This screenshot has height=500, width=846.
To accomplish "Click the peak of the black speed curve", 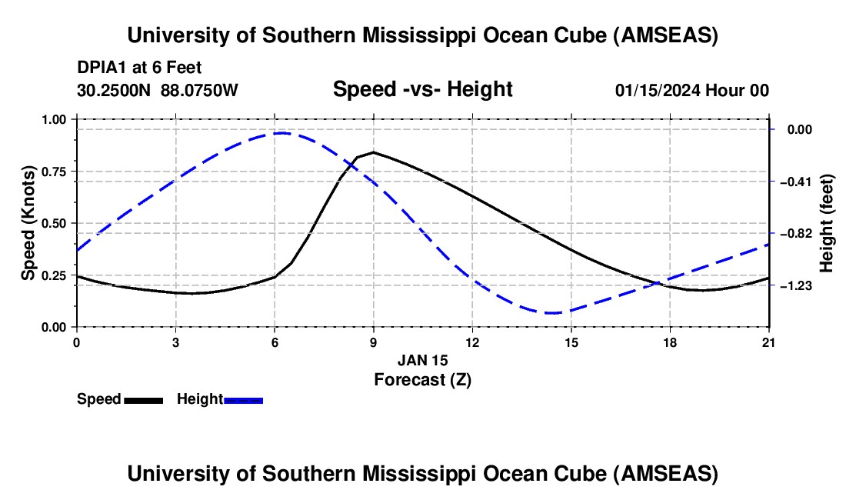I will point(374,152).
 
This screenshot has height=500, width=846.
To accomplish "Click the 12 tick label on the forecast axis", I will point(472,342).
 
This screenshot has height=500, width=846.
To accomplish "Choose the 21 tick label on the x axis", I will point(769,342).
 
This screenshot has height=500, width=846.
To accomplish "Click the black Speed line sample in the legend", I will point(143,400).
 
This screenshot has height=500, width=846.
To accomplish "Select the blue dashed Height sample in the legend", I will point(243,400).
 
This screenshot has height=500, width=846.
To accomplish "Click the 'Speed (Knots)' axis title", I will point(28,223).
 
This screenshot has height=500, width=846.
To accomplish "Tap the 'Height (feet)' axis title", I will point(827,223).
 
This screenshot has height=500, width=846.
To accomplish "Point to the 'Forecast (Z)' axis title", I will point(422,379).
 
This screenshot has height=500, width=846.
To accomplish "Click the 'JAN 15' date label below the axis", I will point(422,360).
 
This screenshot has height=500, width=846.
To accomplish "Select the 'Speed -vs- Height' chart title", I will point(422,90).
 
